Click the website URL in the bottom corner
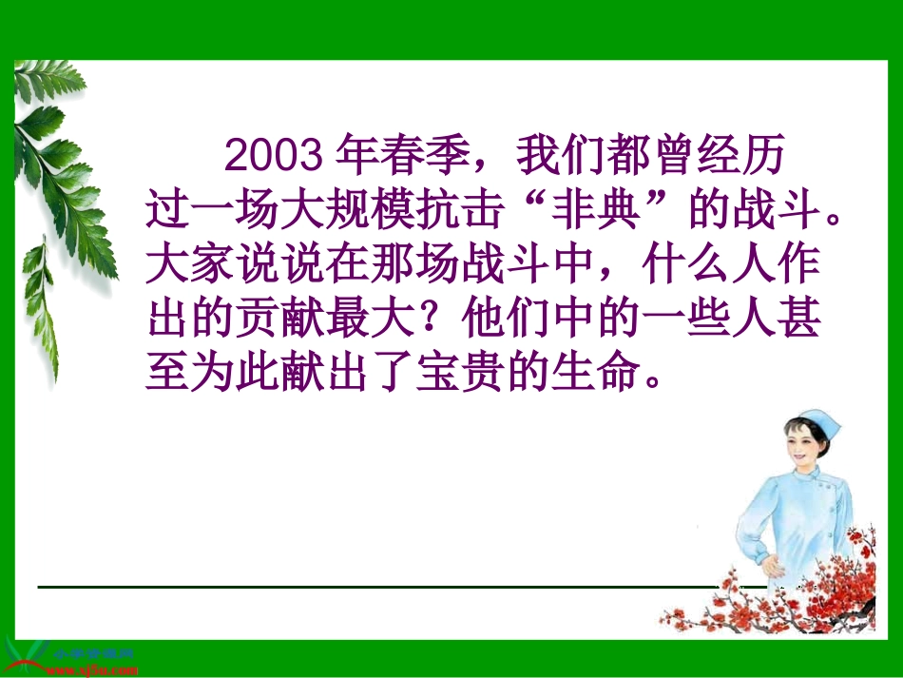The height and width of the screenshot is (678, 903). coord(90,669)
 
